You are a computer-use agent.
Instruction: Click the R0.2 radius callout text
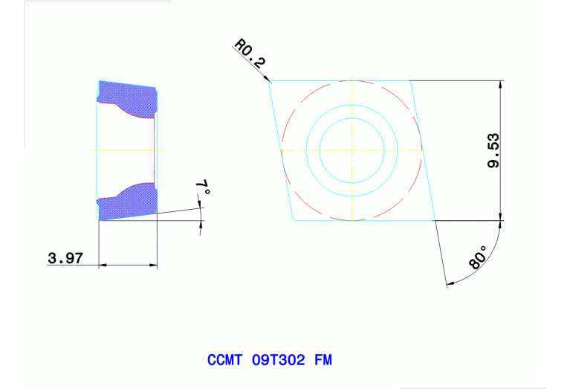click(x=250, y=54)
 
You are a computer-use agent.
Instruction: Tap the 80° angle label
click(x=479, y=257)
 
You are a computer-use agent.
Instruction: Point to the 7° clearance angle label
click(x=203, y=188)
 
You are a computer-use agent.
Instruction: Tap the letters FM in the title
click(x=323, y=360)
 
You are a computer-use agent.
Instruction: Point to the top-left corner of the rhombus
click(x=269, y=80)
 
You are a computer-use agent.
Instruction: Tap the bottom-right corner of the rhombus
click(x=435, y=221)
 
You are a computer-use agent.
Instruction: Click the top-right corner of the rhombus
click(x=410, y=80)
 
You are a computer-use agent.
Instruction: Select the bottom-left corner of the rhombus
click(x=292, y=221)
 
